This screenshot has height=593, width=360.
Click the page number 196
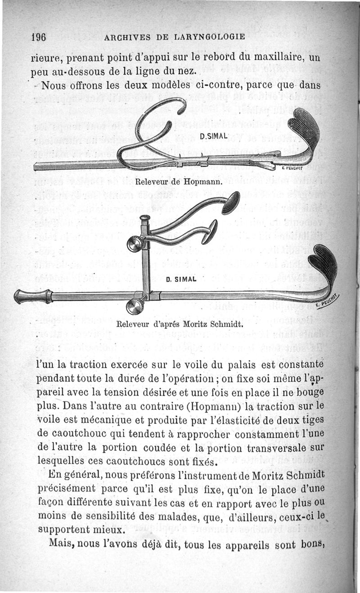[39, 37]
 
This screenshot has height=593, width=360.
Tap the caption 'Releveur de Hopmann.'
[179, 182]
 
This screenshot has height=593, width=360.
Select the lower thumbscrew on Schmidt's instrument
[135, 306]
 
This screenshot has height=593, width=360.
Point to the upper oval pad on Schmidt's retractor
[230, 203]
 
